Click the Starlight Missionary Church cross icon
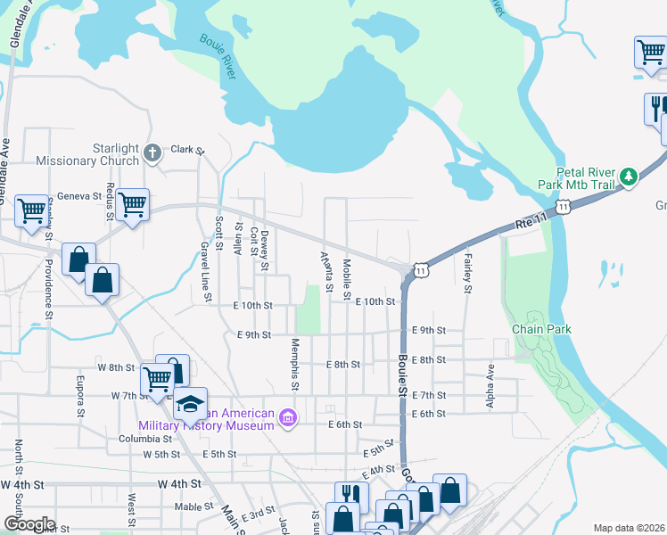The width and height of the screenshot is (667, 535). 152,152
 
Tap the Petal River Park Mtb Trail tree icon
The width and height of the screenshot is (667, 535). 628,176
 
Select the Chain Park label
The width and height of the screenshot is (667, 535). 540,329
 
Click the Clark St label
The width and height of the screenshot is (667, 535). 188,150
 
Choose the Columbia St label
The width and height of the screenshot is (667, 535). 144,439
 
